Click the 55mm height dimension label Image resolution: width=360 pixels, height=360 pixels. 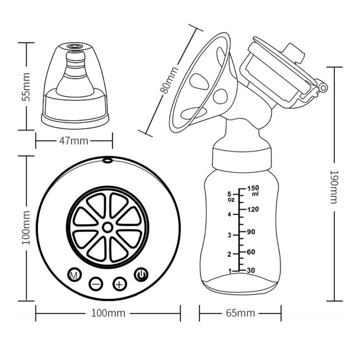point(27,86)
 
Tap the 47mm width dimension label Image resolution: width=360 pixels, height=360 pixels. point(74,141)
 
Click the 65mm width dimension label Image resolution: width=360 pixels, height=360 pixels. point(240,313)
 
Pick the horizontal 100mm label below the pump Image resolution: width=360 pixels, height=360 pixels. point(108,313)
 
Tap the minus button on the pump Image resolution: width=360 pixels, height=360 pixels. point(96,284)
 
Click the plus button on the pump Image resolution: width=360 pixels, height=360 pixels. point(119,284)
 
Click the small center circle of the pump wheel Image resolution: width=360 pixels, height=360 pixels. point(108,228)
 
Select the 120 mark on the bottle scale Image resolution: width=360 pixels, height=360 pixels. point(253,209)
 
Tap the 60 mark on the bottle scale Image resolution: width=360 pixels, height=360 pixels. point(252,252)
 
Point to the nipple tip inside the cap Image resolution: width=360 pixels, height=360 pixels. point(75,54)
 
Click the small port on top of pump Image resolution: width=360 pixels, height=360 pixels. point(108,160)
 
